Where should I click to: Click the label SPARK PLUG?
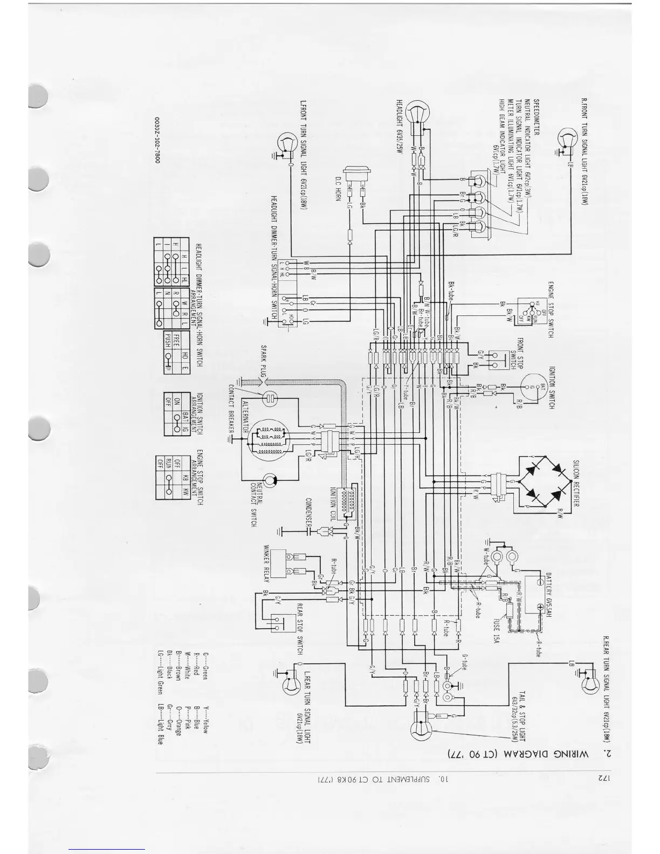(264, 362)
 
